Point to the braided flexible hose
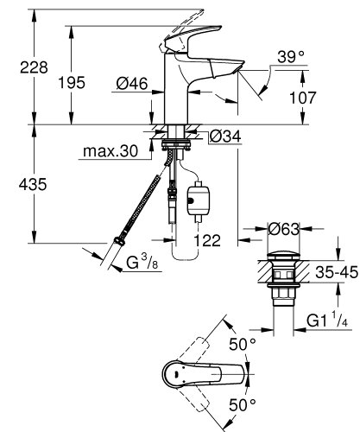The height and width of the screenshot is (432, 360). pos(138,207)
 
